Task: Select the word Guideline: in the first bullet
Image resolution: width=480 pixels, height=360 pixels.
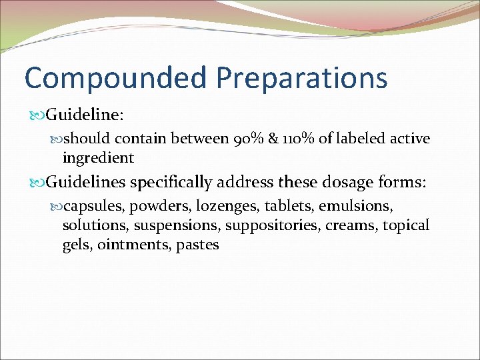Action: point(84,115)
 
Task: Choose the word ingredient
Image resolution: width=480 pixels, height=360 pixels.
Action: point(98,158)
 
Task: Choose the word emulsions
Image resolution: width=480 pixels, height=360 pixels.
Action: point(365,207)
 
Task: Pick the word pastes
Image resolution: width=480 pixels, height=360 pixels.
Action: point(197,245)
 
